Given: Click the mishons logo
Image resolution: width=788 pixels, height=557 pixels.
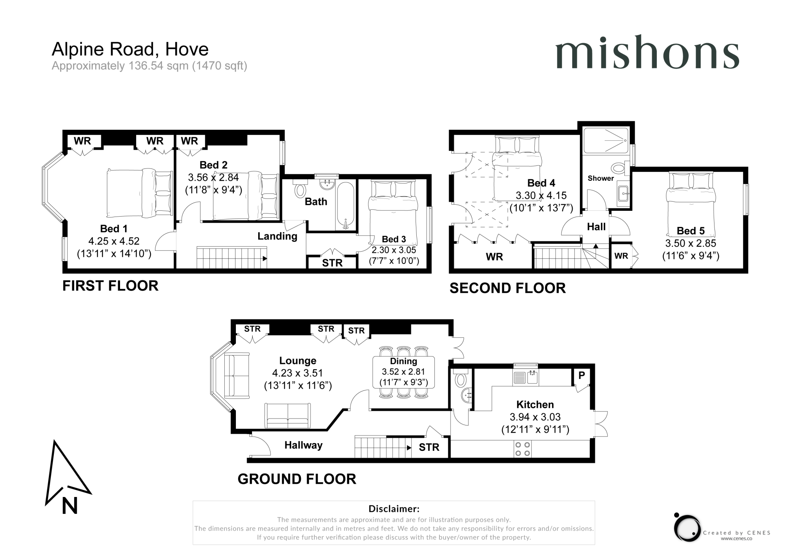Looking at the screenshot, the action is pyautogui.click(x=647, y=52).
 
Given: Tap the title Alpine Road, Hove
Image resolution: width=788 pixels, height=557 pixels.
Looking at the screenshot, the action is pyautogui.click(x=130, y=49).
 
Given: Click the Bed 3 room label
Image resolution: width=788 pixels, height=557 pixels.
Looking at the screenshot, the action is pyautogui.click(x=394, y=239).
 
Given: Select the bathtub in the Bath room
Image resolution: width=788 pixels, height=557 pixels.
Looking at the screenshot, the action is pyautogui.click(x=345, y=206).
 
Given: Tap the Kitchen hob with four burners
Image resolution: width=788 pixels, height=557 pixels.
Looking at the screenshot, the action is pyautogui.click(x=523, y=449).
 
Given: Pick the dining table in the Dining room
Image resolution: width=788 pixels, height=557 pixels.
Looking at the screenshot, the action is pyautogui.click(x=404, y=372).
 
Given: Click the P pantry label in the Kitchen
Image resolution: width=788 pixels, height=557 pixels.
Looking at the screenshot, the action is pyautogui.click(x=581, y=375).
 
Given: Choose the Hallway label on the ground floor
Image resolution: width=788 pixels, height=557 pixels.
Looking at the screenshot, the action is pyautogui.click(x=303, y=445).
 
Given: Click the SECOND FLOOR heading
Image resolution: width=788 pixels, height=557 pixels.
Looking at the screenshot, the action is pyautogui.click(x=508, y=288).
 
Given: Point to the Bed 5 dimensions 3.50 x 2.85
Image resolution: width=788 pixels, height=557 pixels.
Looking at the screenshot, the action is pyautogui.click(x=691, y=243).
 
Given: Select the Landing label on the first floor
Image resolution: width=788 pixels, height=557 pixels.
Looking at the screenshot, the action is pyautogui.click(x=277, y=236).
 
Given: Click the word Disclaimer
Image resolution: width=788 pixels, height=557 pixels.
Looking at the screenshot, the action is pyautogui.click(x=394, y=509).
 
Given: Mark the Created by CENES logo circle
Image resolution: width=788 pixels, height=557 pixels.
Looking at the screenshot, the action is pyautogui.click(x=688, y=528).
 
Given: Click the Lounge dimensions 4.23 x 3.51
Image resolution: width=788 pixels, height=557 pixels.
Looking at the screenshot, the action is pyautogui.click(x=297, y=373).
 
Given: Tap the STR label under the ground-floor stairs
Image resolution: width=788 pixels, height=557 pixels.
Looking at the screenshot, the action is pyautogui.click(x=429, y=447).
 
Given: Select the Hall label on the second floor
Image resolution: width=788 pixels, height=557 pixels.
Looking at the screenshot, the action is pyautogui.click(x=596, y=227).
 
